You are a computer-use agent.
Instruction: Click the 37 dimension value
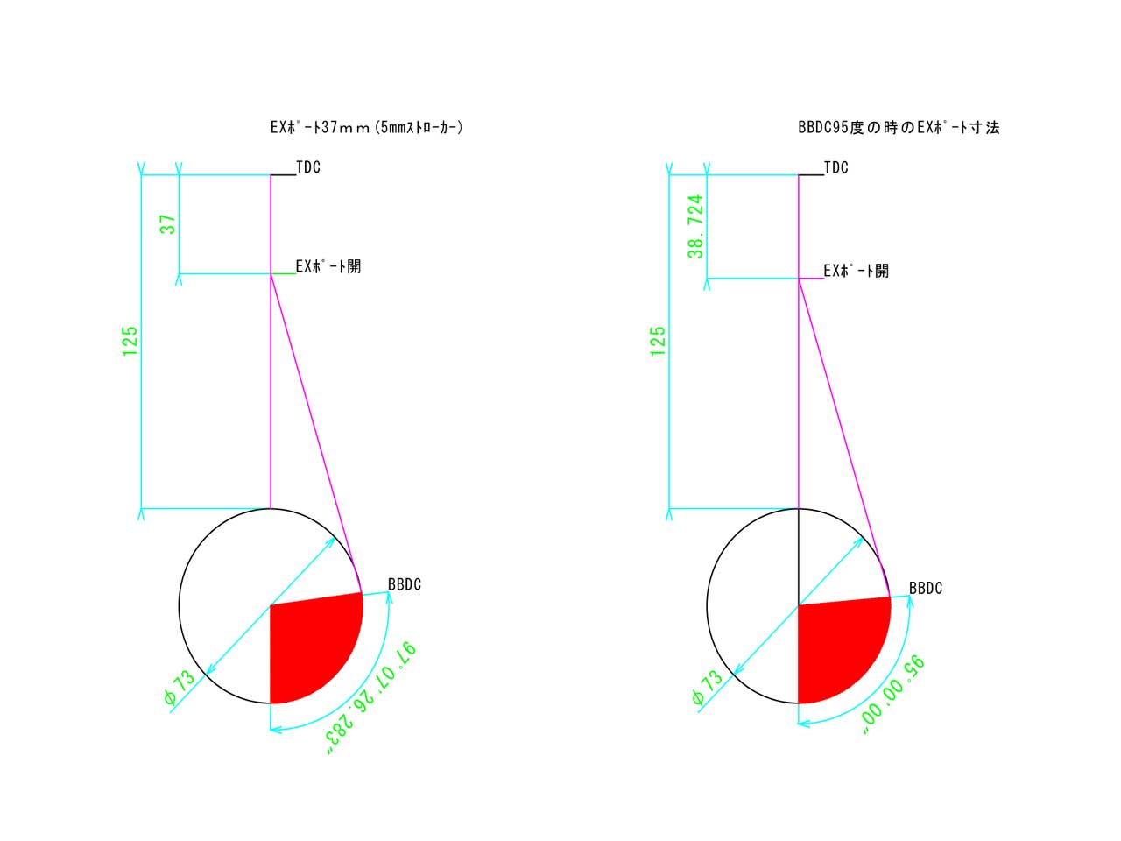(x=167, y=224)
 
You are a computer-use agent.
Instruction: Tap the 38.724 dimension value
(x=695, y=226)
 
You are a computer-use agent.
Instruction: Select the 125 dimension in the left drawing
(x=130, y=341)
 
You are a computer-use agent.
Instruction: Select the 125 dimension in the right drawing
(x=658, y=341)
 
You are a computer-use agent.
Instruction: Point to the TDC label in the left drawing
(x=308, y=167)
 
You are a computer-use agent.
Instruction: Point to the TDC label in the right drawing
(x=836, y=167)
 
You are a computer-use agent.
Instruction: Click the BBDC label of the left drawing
(x=405, y=584)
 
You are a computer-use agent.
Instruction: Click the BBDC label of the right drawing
(x=926, y=588)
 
